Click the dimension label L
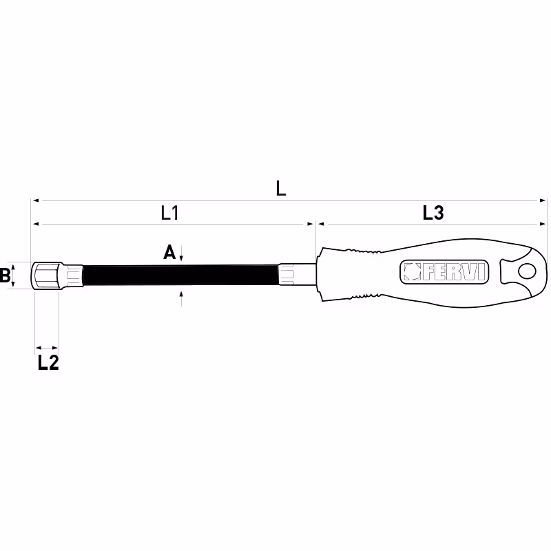[x=281, y=189]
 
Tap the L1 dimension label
[x=169, y=213]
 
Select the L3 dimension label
[x=433, y=213]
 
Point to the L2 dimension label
[x=48, y=363]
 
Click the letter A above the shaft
[x=169, y=252]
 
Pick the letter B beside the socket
[x=5, y=275]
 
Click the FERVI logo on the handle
[x=444, y=272]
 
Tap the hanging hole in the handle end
[x=527, y=271]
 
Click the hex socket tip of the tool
[x=48, y=275]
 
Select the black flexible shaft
[x=180, y=275]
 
